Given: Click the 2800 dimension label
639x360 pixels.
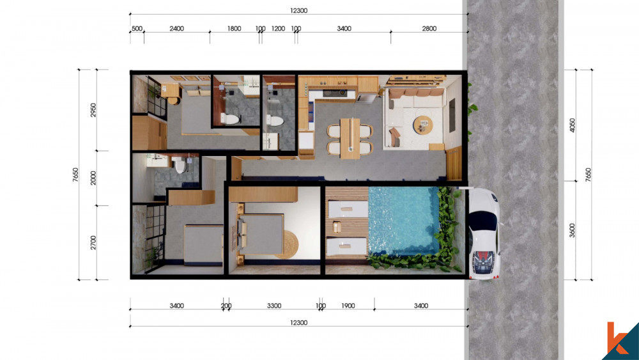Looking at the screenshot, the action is (429, 29).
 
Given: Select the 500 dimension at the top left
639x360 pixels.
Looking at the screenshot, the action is (137, 29).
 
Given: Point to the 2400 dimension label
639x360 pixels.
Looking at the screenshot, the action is (176, 29).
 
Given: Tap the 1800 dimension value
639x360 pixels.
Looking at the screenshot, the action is (234, 29).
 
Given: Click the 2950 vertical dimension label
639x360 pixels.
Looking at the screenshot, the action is (93, 110).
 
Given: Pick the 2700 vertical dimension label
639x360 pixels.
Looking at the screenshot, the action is (93, 242).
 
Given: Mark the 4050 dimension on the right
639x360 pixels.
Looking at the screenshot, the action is (572, 125).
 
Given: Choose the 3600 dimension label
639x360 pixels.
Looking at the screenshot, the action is (572, 230).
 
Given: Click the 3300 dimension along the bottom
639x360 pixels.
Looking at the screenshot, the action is (274, 306).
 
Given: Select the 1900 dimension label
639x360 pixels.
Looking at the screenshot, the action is (348, 306).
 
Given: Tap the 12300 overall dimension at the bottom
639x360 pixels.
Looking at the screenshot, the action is (298, 322).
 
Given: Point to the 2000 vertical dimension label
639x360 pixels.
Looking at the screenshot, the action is (93, 178).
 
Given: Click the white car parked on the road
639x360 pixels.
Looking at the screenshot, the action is (484, 233).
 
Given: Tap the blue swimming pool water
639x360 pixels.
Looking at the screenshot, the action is (403, 221).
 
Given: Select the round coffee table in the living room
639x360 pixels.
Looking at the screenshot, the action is (423, 124).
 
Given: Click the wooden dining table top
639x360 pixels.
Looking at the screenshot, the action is (350, 138).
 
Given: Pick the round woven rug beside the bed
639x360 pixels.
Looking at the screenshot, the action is (289, 244).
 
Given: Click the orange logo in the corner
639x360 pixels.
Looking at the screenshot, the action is (616, 338).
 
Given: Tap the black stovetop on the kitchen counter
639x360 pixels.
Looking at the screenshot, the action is (335, 93).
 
